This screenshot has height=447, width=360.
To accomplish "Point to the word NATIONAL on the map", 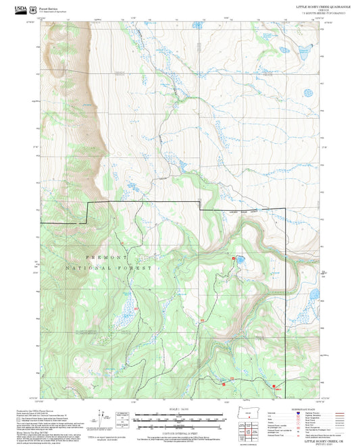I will [x=85, y=269].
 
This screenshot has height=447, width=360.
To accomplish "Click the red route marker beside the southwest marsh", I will [x=136, y=309].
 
